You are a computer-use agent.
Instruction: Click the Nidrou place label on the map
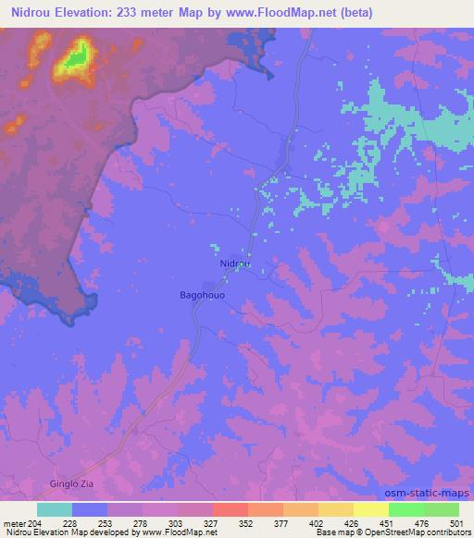(235, 263)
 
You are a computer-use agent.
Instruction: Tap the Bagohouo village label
(202, 295)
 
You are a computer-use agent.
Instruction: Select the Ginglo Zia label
(71, 483)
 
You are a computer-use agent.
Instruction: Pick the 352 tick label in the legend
(246, 523)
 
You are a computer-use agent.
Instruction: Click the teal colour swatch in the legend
(55, 509)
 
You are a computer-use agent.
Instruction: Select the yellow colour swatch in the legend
(371, 509)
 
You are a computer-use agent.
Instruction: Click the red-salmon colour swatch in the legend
(231, 509)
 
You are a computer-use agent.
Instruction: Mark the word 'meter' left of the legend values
(13, 523)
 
